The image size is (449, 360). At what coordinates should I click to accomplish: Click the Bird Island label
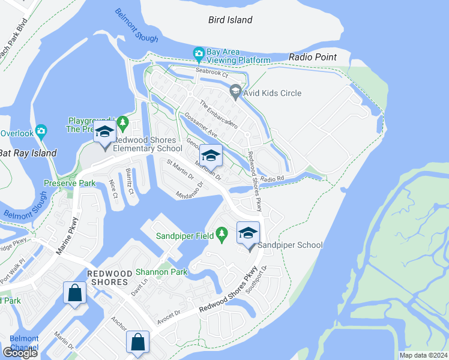click(x=230, y=20)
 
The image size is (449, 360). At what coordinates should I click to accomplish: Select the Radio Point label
click(x=312, y=57)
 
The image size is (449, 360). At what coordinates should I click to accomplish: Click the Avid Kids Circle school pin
click(x=235, y=92)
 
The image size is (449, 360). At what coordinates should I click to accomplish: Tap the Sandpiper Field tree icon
click(x=221, y=232)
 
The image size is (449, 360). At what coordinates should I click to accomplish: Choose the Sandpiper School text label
click(x=290, y=245)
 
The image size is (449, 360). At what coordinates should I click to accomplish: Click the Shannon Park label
click(x=161, y=272)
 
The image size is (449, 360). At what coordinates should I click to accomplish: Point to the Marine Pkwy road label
click(x=67, y=235)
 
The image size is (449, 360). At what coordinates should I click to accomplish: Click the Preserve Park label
click(x=70, y=183)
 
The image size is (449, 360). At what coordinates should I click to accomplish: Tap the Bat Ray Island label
click(x=28, y=153)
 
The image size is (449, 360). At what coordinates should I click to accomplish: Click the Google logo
click(x=20, y=353)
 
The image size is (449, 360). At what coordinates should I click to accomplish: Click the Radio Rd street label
click(x=271, y=178)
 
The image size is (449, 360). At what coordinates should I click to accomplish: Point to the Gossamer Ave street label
click(x=200, y=123)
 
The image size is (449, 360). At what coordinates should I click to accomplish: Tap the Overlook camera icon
click(x=41, y=130)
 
